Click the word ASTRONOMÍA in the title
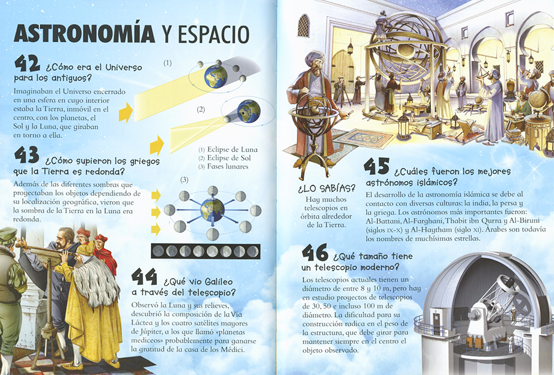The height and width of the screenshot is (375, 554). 84,34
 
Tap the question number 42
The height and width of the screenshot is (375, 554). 27,64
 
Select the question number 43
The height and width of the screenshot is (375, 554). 27,155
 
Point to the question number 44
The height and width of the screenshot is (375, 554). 144,276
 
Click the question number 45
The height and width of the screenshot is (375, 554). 377,166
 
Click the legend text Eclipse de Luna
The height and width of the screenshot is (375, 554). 232,150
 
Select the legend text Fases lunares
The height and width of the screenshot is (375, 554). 228,166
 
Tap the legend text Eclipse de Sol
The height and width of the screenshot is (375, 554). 229,158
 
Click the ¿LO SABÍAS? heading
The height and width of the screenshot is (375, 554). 326,188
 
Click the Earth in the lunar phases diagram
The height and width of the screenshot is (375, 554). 212,210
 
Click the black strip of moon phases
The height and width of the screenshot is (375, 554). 205,251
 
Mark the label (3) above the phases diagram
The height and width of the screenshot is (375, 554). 184,180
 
